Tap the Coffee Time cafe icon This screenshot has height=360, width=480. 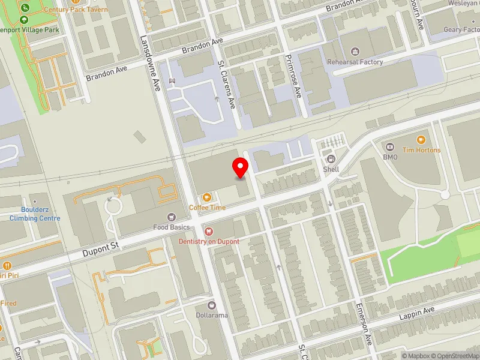(207, 197)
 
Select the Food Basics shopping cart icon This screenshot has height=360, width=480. (172, 217)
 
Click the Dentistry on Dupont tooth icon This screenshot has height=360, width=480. (208, 231)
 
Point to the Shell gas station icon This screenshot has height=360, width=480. (331, 159)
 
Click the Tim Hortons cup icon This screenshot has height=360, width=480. (421, 140)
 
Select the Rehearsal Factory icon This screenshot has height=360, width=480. (355, 52)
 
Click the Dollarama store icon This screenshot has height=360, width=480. (211, 305)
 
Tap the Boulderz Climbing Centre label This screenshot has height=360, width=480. (35, 215)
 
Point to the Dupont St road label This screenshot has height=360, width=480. (103, 246)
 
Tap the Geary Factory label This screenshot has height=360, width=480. (461, 29)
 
